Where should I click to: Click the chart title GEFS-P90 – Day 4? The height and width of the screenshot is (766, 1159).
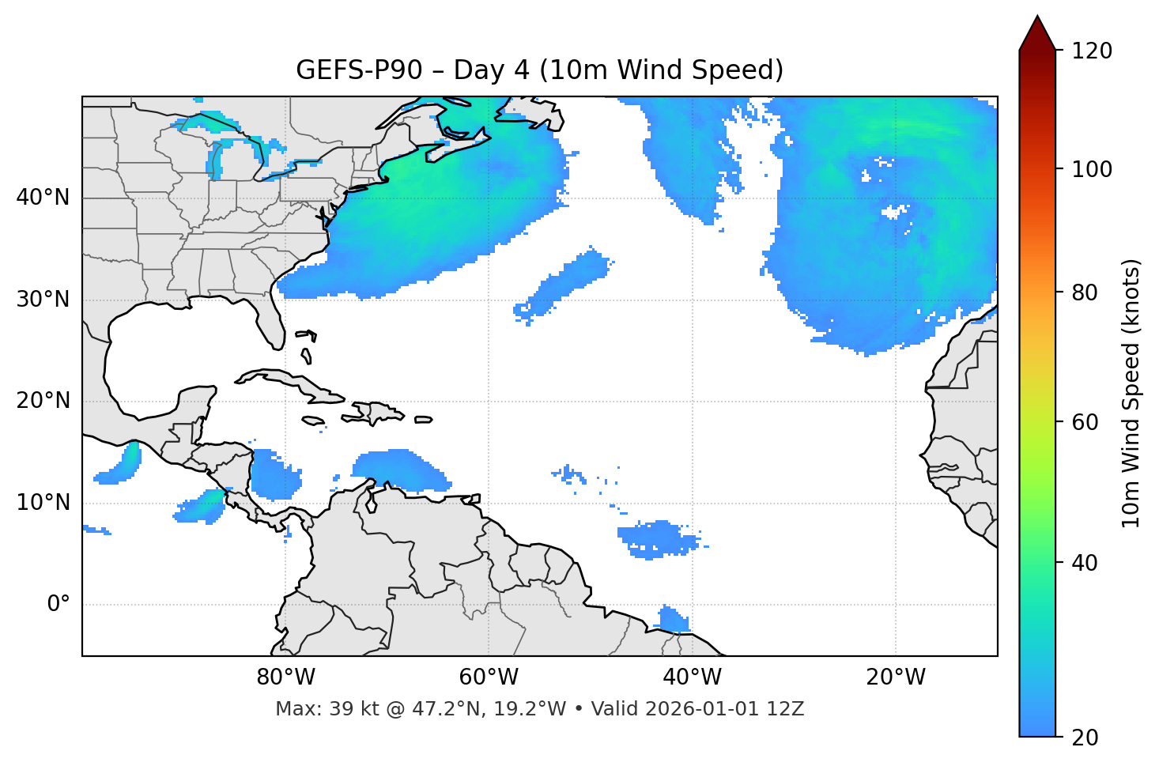(x=539, y=70)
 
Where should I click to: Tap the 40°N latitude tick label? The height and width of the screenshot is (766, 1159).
(x=43, y=198)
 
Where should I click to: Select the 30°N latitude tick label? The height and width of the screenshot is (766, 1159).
(x=43, y=300)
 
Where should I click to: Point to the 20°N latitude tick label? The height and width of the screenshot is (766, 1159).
(x=43, y=401)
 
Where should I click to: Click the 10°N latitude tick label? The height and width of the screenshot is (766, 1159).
(x=43, y=503)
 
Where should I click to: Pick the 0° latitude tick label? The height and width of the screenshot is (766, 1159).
(x=59, y=605)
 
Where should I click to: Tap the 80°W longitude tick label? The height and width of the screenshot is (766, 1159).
(x=285, y=677)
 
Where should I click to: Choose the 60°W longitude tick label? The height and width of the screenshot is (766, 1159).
(x=489, y=677)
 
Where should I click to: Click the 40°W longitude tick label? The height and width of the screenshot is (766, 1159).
(x=692, y=677)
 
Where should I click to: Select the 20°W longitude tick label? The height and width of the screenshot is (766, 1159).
(x=895, y=677)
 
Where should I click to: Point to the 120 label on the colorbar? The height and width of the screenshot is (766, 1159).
(x=1092, y=51)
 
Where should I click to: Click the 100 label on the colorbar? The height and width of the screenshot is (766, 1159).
(x=1092, y=169)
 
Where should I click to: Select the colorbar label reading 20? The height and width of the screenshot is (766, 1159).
(x=1085, y=738)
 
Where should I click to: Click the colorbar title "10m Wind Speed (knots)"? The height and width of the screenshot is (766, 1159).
(x=1131, y=393)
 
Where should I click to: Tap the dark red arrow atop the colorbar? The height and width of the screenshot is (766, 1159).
(x=1037, y=34)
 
